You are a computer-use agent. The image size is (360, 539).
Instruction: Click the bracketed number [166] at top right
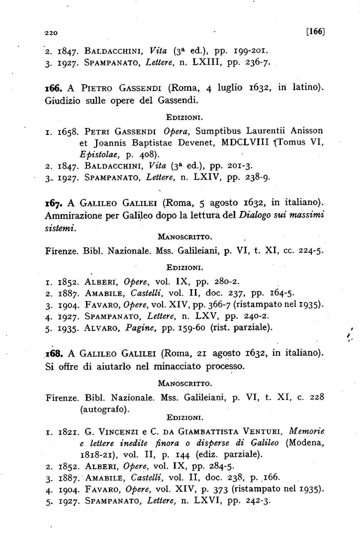click(x=316, y=32)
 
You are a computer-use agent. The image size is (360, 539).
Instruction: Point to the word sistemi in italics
click(x=60, y=228)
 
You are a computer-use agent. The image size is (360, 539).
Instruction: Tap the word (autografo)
click(x=105, y=409)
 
